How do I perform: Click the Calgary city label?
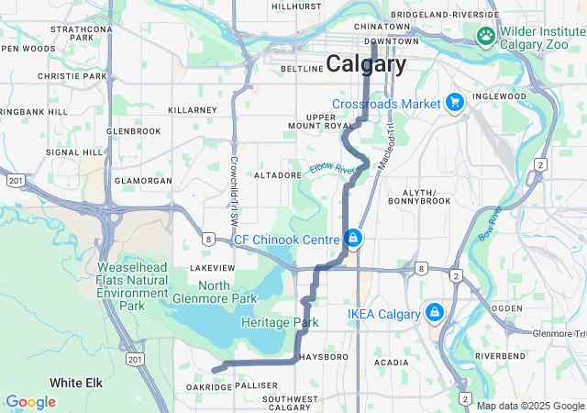pyautogui.click(x=366, y=64)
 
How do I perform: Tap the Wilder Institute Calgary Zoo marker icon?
pyautogui.click(x=485, y=36)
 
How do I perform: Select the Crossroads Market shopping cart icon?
pyautogui.click(x=454, y=104)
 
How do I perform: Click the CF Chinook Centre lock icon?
pyautogui.click(x=352, y=240)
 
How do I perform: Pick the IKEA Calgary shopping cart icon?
pyautogui.click(x=435, y=314)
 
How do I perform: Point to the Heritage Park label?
pyautogui.click(x=280, y=323)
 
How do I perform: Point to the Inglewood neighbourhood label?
pyautogui.click(x=499, y=96)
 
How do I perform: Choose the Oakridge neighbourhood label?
pyautogui.click(x=209, y=386)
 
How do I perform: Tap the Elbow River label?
pyautogui.click(x=331, y=169)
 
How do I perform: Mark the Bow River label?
pyautogui.click(x=488, y=224)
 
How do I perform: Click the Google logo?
pyautogui.click(x=30, y=402)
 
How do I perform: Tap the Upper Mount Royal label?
pyautogui.click(x=322, y=122)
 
